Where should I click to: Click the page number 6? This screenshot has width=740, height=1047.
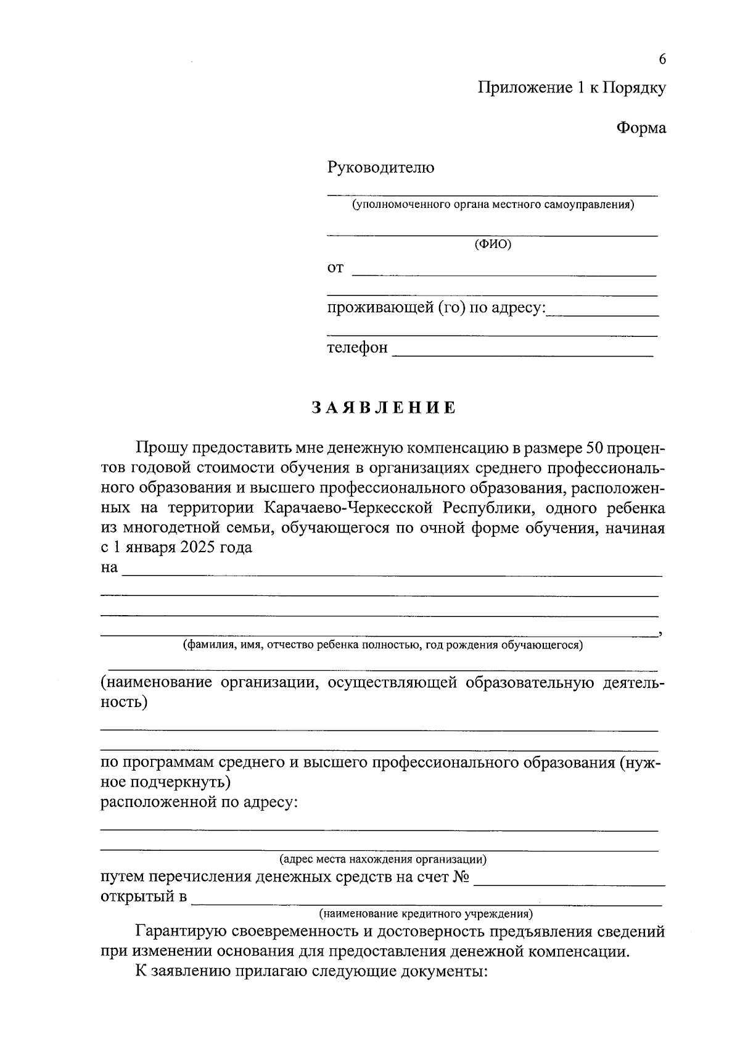(x=662, y=59)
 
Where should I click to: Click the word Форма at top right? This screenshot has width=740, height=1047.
(x=641, y=128)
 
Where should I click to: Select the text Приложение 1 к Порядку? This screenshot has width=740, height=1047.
(x=572, y=88)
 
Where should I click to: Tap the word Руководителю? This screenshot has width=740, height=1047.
(x=380, y=167)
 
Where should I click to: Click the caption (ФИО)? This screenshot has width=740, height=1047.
(x=493, y=244)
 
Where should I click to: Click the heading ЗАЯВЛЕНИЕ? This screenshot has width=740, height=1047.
(x=383, y=408)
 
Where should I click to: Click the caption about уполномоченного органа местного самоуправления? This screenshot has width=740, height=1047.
(x=493, y=204)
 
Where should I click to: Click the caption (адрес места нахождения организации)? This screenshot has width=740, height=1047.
(x=383, y=858)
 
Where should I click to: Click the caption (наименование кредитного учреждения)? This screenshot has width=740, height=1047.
(x=425, y=913)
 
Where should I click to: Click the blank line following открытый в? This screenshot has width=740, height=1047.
(x=425, y=903)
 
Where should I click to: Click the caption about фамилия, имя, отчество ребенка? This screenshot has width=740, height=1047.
(x=382, y=645)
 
